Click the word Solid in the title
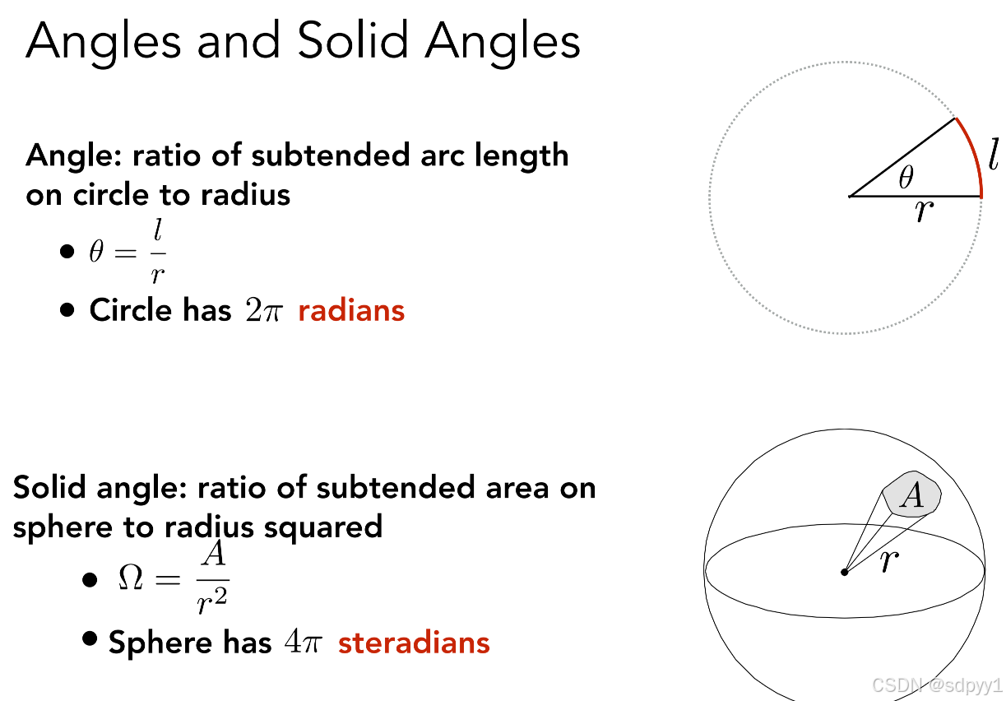(353, 40)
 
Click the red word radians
(351, 310)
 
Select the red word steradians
(414, 642)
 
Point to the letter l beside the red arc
(994, 154)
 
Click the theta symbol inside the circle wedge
(906, 177)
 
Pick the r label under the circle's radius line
(925, 211)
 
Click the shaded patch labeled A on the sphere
(911, 494)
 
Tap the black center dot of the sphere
(844, 572)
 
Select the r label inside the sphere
(889, 561)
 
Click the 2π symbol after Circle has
(264, 310)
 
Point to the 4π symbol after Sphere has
(304, 642)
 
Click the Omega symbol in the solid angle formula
(131, 577)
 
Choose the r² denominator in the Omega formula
(212, 601)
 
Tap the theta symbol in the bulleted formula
(96, 251)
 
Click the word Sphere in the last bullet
(160, 643)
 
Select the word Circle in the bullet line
(131, 310)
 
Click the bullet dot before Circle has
(67, 310)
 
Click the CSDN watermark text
(937, 685)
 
